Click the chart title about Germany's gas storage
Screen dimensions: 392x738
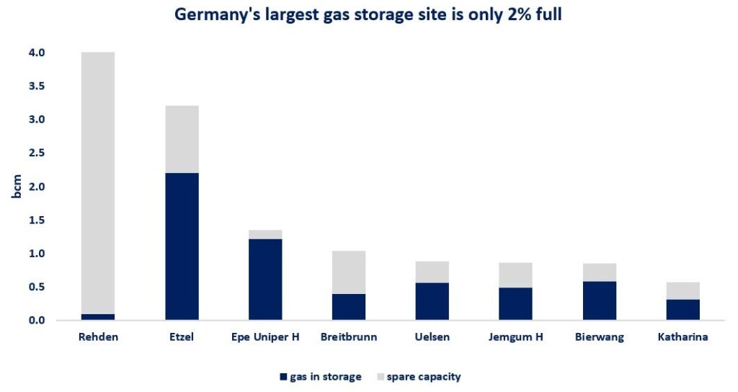click(x=369, y=15)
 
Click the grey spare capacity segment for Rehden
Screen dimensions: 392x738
click(x=98, y=180)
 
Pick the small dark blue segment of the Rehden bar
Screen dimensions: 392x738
click(x=98, y=317)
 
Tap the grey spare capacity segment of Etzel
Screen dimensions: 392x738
click(x=182, y=139)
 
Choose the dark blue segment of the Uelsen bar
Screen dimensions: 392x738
click(x=432, y=301)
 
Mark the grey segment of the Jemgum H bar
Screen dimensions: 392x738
click(x=515, y=275)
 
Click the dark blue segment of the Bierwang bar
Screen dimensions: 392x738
click(x=599, y=300)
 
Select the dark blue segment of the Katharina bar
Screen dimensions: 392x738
click(x=683, y=310)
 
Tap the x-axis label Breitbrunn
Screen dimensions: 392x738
click(x=349, y=337)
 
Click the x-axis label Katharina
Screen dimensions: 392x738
click(x=683, y=337)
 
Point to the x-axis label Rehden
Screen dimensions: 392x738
click(x=98, y=337)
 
